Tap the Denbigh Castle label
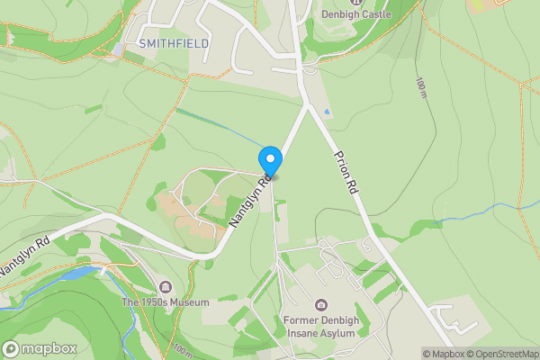(x=357, y=14)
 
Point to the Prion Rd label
(x=346, y=173)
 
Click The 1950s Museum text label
(x=166, y=302)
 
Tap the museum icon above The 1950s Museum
(x=166, y=287)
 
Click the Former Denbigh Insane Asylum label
(x=321, y=326)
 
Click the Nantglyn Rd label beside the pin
(x=251, y=201)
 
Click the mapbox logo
(x=39, y=348)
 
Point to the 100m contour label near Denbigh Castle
(x=420, y=88)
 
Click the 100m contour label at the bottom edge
(x=183, y=348)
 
